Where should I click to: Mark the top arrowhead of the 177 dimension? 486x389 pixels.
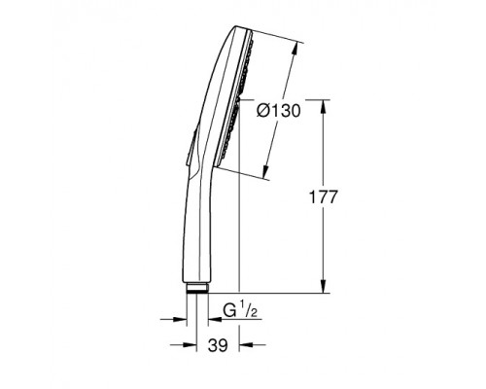click(323, 103)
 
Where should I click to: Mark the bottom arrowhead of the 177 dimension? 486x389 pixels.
click(323, 287)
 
